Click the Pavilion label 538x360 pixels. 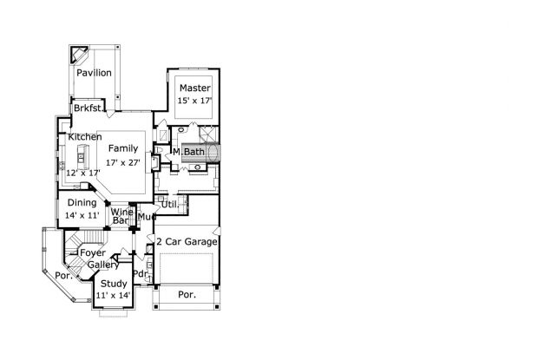pos(93,73)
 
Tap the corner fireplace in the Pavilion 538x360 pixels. pos(77,54)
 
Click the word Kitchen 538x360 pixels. pos(85,137)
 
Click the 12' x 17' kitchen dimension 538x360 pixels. pos(83,173)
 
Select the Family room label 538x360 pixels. pos(123,148)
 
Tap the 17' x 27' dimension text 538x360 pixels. pos(123,162)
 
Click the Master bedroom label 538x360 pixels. pos(194,88)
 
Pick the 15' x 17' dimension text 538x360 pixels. pos(194,101)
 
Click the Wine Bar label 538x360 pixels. pos(121,217)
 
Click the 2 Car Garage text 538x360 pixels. pos(187,240)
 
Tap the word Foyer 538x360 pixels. pos(93,252)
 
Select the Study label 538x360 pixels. pos(113,284)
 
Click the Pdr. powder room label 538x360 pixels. pos(140,274)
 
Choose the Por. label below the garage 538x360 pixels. pos(187,294)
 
